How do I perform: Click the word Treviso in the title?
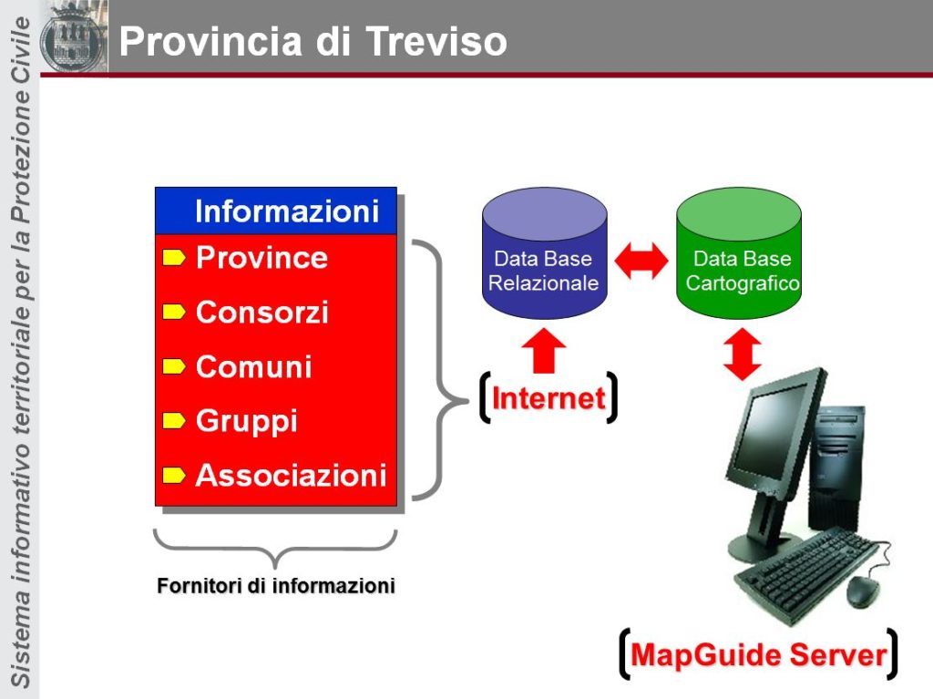pyautogui.click(x=436, y=41)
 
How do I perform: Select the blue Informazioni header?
pyautogui.click(x=276, y=211)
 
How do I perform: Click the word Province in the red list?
pyautogui.click(x=261, y=257)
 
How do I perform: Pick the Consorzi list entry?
pyautogui.click(x=261, y=312)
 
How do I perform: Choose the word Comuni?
pyautogui.click(x=254, y=366)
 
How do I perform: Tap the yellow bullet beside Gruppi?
pyautogui.click(x=174, y=420)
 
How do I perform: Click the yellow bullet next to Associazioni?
pyautogui.click(x=174, y=475)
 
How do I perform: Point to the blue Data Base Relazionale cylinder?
pyautogui.click(x=545, y=253)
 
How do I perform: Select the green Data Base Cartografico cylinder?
pyautogui.click(x=739, y=253)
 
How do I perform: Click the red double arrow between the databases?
pyautogui.click(x=641, y=261)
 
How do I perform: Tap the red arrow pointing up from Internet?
pyautogui.click(x=544, y=351)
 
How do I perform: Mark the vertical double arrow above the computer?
pyautogui.click(x=742, y=354)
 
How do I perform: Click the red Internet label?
pyautogui.click(x=549, y=397)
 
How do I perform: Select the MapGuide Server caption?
pyautogui.click(x=759, y=654)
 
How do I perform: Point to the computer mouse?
pyautogui.click(x=862, y=591)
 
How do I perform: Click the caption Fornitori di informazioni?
pyautogui.click(x=276, y=586)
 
